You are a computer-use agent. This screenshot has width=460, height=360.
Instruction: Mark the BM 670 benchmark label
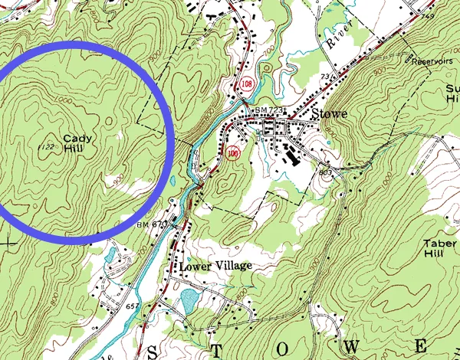click(152, 224)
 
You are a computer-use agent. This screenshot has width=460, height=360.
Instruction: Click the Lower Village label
click(215, 266)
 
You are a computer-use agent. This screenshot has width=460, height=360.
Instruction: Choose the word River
click(336, 42)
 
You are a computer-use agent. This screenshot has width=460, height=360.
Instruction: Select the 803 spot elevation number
click(325, 173)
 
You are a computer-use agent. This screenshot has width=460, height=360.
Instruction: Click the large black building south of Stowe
click(294, 157)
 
